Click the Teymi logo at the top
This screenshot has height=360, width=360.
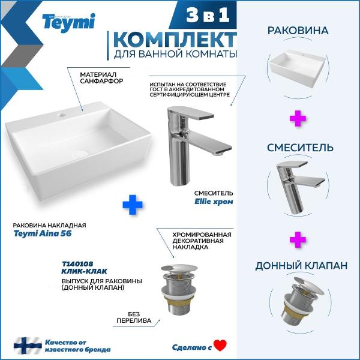(68, 23)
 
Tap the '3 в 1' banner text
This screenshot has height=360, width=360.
(208, 14)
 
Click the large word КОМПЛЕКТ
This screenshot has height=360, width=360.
(175, 40)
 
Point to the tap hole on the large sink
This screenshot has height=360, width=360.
(62, 115)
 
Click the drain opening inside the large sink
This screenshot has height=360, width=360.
(80, 154)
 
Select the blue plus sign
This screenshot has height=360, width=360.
(133, 205)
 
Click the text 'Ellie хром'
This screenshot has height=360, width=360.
(214, 202)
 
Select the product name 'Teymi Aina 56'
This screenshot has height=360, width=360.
(43, 233)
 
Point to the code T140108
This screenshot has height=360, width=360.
(77, 264)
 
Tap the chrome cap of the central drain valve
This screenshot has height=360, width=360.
(179, 268)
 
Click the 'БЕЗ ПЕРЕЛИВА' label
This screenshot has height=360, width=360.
(134, 317)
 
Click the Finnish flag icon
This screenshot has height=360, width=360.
(28, 346)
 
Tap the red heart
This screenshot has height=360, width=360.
(220, 346)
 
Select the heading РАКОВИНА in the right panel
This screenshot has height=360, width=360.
(298, 31)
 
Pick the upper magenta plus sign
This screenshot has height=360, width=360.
(298, 118)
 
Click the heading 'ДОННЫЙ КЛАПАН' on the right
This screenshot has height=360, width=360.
(301, 266)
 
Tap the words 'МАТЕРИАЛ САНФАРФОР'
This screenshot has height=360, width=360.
(101, 77)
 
